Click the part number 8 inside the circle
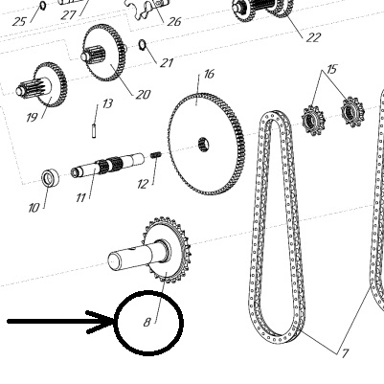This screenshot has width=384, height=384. coord(147,322)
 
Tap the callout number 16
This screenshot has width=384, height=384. coord(209,75)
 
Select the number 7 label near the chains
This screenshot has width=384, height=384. coord(345,353)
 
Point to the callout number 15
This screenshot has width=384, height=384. coord(332,69)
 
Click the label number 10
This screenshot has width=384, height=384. coord(34,208)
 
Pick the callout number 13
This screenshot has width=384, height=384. coord(107,103)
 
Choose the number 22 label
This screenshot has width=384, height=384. coord(313,37)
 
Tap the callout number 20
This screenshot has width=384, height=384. coord(143,95)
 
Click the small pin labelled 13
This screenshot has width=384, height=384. coord(94,130)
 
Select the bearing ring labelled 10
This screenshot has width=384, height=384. coord(51,178)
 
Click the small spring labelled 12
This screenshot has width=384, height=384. coord(156,155)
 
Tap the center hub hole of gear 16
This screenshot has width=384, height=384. coord(203,145)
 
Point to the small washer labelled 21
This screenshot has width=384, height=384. coord(143,45)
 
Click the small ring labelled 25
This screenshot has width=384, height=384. coord(42,6)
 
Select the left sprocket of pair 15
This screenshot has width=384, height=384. coord(313,121)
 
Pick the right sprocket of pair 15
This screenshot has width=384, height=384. coord(352,112)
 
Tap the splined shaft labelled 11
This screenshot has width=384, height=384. coord(107,165)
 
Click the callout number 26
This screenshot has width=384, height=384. coord(174,22)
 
